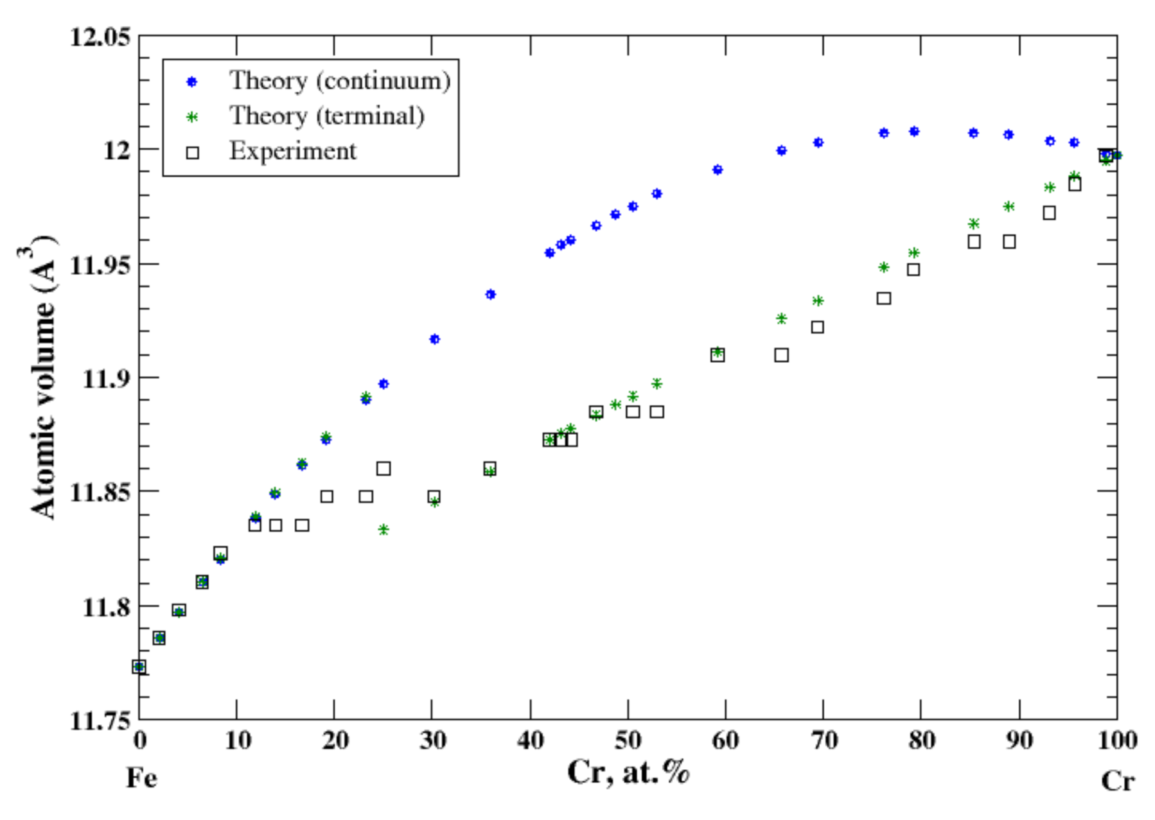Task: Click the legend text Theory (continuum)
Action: pyautogui.click(x=340, y=81)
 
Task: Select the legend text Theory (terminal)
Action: pyautogui.click(x=327, y=116)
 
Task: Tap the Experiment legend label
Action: pyautogui.click(x=292, y=151)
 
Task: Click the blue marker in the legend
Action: pyautogui.click(x=191, y=82)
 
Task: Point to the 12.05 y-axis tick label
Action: pyautogui.click(x=100, y=37)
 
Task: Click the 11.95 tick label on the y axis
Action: pyautogui.click(x=100, y=264)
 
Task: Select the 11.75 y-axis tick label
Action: pyautogui.click(x=100, y=720)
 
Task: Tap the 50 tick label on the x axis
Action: pyautogui.click(x=628, y=740)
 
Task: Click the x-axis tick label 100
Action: pyautogui.click(x=1116, y=740)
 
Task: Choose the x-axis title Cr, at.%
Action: pyautogui.click(x=628, y=772)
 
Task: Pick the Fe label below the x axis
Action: pyautogui.click(x=141, y=778)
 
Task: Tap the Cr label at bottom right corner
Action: pyautogui.click(x=1117, y=781)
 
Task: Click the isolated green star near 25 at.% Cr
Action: pyautogui.click(x=384, y=530)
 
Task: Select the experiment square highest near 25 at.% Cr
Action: pyautogui.click(x=384, y=469)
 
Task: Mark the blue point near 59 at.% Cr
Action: pyautogui.click(x=718, y=170)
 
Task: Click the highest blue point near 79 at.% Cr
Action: pyautogui.click(x=914, y=132)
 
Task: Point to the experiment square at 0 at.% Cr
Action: pyautogui.click(x=139, y=667)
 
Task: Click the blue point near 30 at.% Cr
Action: pyautogui.click(x=435, y=339)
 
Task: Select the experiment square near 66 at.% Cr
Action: pyautogui.click(x=781, y=355)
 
